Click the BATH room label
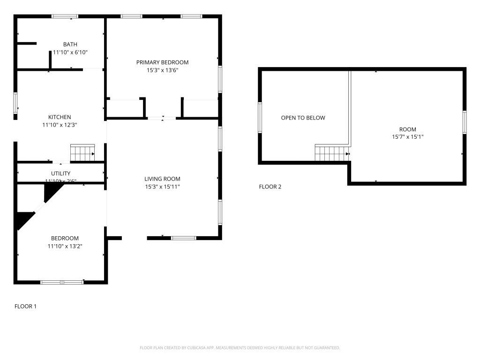(x=70, y=45)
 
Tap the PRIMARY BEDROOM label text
(x=162, y=62)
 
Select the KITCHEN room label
(x=60, y=117)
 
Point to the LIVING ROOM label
(x=162, y=179)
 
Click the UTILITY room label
(x=60, y=173)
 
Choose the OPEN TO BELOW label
(x=303, y=118)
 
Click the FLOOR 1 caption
(x=25, y=306)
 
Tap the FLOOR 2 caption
(x=270, y=187)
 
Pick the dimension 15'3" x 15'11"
(x=162, y=187)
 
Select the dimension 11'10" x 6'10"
(x=70, y=52)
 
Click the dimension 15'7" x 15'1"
(x=407, y=137)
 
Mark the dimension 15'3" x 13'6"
(x=162, y=70)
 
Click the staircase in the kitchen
(x=82, y=153)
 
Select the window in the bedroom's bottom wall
(x=62, y=282)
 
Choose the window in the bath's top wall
(x=65, y=16)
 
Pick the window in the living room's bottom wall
(x=183, y=238)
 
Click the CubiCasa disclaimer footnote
(x=240, y=347)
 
